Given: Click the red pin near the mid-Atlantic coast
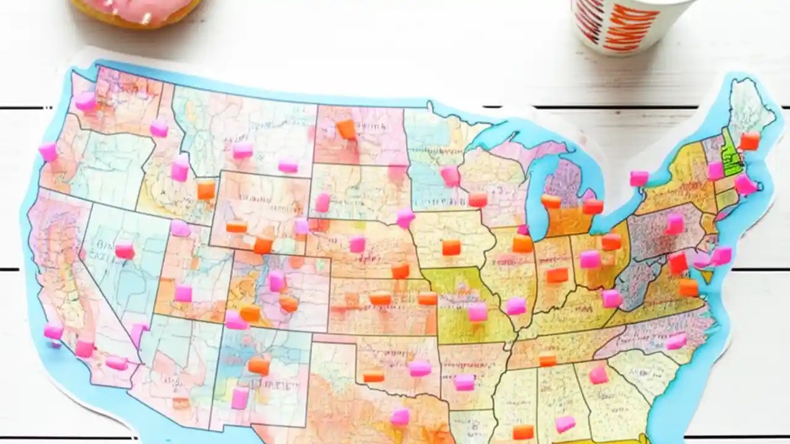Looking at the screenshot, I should click(x=678, y=263).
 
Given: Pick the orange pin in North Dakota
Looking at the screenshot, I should click(x=346, y=129).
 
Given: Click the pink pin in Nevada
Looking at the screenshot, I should click(x=125, y=250).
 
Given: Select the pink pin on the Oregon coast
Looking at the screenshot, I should click(x=48, y=152).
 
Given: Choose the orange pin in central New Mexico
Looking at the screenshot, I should click(x=259, y=366).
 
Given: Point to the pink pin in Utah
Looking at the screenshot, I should click(x=183, y=293).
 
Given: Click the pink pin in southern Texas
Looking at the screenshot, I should click(x=399, y=416).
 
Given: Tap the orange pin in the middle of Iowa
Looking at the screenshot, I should click(x=451, y=248).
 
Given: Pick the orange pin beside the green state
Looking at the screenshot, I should click(x=749, y=141).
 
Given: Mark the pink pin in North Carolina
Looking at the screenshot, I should click(x=676, y=341).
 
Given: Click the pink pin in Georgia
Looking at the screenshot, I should click(x=598, y=375).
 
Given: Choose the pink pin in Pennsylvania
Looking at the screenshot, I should click(x=675, y=224).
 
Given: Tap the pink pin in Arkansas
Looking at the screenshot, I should click(x=464, y=382).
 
